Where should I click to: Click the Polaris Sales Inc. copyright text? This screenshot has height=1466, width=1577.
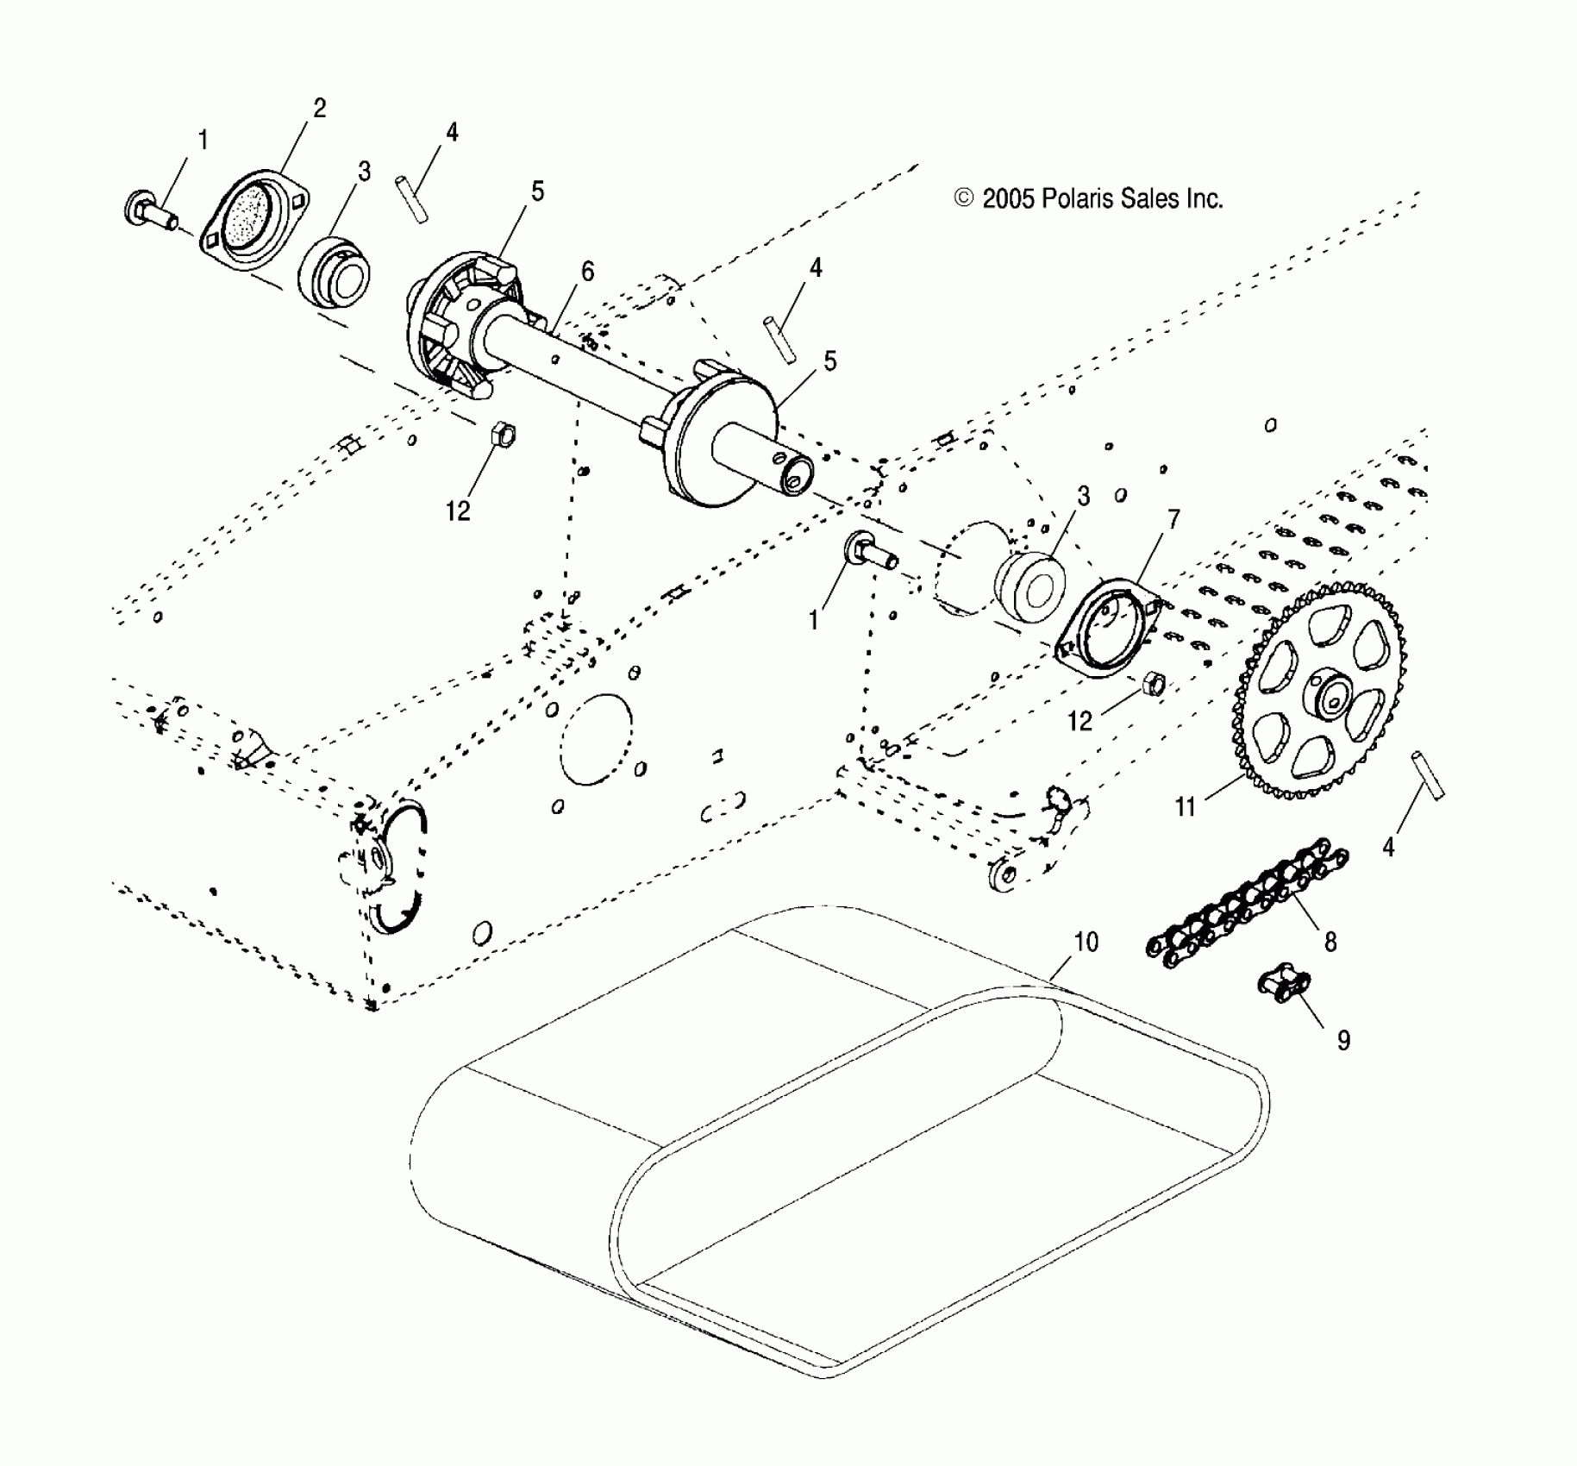[1089, 199]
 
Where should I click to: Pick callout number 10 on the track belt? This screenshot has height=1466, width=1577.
[1086, 943]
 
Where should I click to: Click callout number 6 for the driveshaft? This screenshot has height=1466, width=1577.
[587, 272]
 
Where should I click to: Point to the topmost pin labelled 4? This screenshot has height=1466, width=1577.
[412, 200]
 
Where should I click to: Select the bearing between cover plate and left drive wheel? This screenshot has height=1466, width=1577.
[334, 274]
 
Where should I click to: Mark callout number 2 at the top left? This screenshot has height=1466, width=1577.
[319, 109]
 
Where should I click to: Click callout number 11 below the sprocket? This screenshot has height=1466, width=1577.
[1186, 806]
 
